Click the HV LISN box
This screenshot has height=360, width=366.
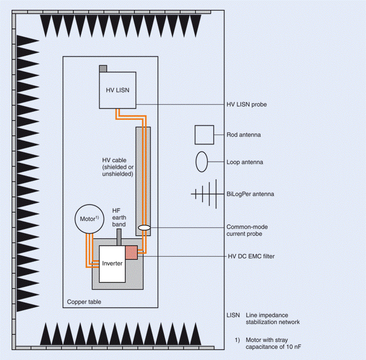tap(118, 90)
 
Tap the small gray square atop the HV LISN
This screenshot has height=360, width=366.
tap(103, 68)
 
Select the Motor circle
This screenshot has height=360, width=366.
tap(89, 219)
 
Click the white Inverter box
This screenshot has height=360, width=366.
tap(112, 264)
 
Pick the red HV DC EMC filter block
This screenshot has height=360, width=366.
tap(131, 252)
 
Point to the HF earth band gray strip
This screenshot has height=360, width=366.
tap(119, 237)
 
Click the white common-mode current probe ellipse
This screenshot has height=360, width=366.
tap(144, 227)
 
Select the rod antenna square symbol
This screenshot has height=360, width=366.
tap(204, 135)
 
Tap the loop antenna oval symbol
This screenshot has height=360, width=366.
tap(202, 162)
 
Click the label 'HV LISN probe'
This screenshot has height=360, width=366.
tap(247, 104)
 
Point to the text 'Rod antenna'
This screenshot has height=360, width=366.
tap(243, 135)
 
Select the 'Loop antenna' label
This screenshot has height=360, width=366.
tap(244, 162)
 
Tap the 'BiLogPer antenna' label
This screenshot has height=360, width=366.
tap(250, 194)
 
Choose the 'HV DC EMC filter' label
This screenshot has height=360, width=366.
tap(251, 256)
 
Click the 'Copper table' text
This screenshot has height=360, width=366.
tap(84, 302)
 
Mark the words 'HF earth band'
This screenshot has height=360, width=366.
tap(119, 217)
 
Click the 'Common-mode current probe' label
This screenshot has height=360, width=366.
tap(247, 230)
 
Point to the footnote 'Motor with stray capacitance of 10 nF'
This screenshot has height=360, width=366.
tap(273, 343)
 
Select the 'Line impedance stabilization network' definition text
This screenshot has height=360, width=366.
tap(273, 319)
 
